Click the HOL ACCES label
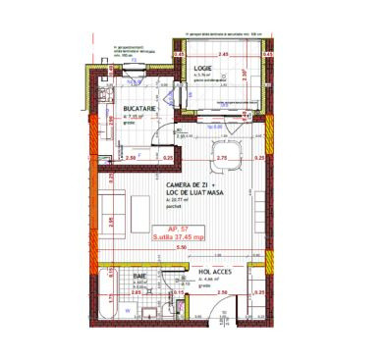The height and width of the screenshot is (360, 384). coord(215,270)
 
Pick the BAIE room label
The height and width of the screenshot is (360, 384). coord(140,277)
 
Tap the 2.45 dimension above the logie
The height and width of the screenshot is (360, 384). coord(223,55)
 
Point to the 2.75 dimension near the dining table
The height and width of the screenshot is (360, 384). coord(221,157)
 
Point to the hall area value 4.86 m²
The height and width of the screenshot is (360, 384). coord(210,279)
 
